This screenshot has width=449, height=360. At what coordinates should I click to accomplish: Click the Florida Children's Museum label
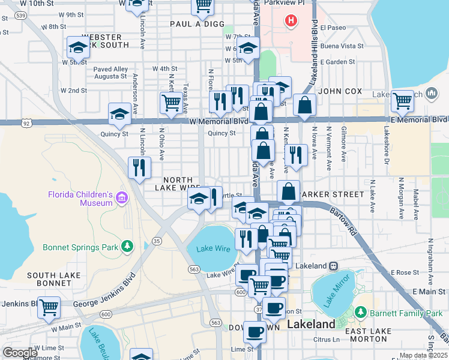tap(80, 199)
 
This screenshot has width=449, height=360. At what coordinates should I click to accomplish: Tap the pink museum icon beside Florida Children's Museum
tap(122, 197)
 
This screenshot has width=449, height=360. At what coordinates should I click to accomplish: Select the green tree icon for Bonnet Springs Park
tap(127, 247)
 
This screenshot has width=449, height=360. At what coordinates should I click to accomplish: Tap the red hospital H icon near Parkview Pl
tap(291, 22)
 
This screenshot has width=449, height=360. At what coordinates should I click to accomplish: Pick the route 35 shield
tap(157, 241)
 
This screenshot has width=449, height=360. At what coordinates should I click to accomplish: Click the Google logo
tap(20, 352)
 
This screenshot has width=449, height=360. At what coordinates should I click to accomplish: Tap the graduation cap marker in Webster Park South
tap(78, 47)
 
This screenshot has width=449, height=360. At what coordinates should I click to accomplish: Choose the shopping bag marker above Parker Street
tap(288, 190)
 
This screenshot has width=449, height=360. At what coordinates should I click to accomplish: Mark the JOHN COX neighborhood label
tap(340, 91)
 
